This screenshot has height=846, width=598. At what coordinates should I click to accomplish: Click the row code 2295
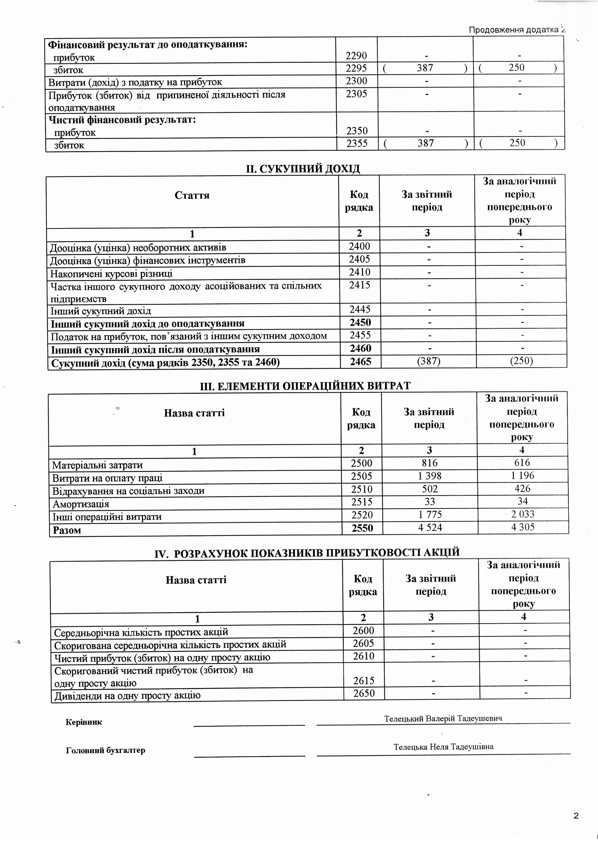click(x=357, y=68)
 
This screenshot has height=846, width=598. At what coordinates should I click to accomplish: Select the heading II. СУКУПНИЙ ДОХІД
click(x=303, y=169)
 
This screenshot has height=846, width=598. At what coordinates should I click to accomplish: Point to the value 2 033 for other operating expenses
click(x=523, y=514)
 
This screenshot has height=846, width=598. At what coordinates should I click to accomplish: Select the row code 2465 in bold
click(x=360, y=362)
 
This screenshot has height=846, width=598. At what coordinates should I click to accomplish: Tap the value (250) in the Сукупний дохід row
click(x=521, y=361)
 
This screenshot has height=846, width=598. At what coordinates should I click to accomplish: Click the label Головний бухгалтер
click(x=105, y=750)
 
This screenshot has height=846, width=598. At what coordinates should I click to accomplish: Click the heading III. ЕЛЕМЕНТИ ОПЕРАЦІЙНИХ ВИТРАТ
click(x=305, y=386)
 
